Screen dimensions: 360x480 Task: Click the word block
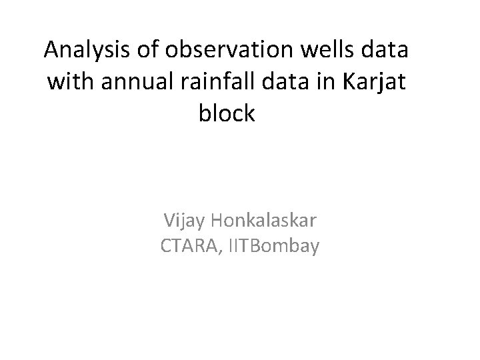point(227,113)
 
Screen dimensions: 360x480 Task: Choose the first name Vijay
point(185,219)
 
